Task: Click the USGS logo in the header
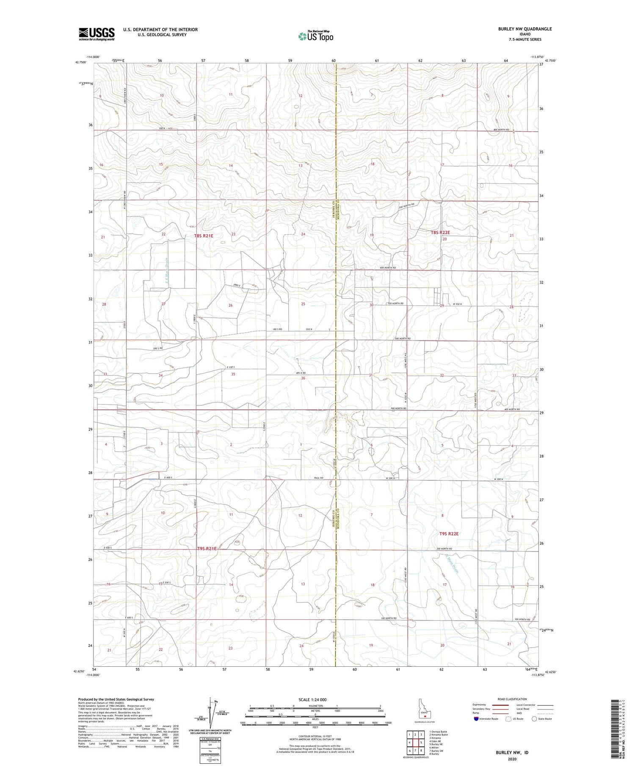97,34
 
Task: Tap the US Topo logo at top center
315,36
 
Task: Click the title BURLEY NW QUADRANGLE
519,29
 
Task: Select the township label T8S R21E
204,236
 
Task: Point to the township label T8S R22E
440,233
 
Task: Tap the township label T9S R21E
207,549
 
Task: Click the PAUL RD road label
319,478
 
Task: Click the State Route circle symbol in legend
534,719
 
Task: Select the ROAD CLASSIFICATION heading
512,699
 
